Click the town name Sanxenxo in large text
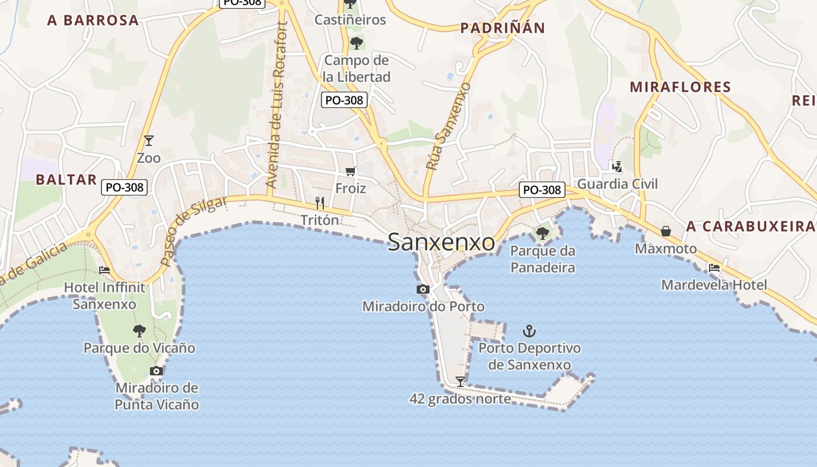tap(441, 242)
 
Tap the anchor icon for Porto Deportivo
tap(529, 332)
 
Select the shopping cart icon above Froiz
tap(350, 171)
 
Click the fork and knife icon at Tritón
tap(319, 203)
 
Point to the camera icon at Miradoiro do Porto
tap(423, 289)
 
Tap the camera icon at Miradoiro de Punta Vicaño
tap(156, 371)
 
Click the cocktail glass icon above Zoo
tap(149, 140)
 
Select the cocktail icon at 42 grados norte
tap(460, 382)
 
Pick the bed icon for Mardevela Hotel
tap(714, 268)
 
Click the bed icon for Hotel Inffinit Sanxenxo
tap(104, 270)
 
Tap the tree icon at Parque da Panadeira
tap(543, 233)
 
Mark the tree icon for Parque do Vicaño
tap(139, 331)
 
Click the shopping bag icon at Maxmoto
tap(665, 231)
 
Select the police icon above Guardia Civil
tap(617, 167)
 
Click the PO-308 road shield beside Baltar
tap(124, 187)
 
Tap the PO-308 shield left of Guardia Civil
tap(542, 190)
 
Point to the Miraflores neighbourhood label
tap(680, 87)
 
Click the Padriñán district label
tap(502, 27)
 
